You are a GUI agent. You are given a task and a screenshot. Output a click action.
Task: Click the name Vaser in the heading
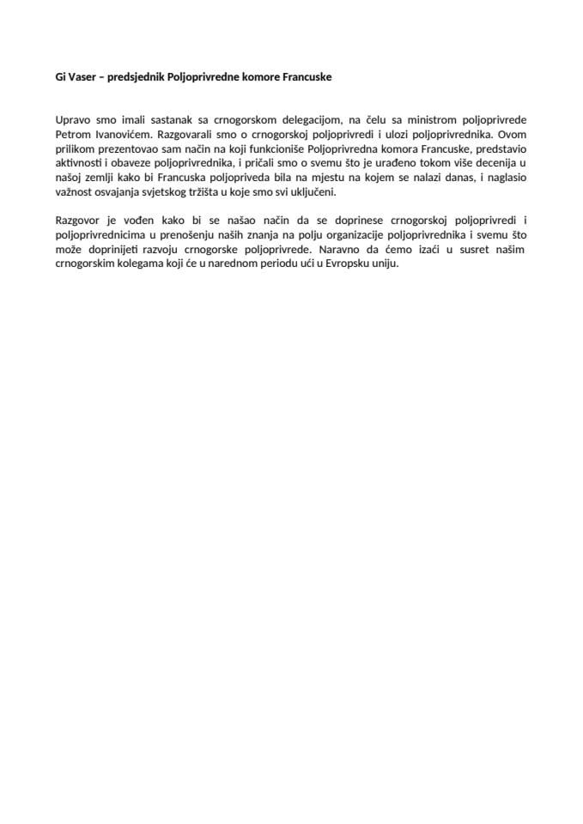81,76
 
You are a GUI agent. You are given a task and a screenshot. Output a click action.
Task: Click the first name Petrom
71,135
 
